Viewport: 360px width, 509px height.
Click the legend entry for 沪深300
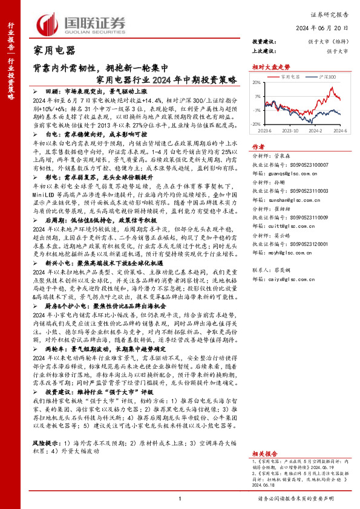pos(327,77)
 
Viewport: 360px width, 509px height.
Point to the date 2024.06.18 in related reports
pos(264,484)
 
